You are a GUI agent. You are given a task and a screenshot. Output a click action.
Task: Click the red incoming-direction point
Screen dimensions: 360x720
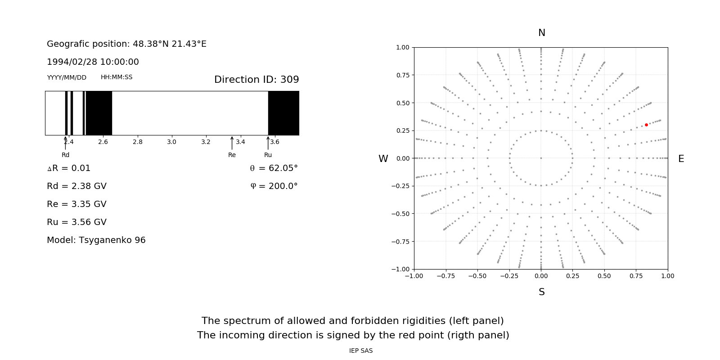tap(646, 125)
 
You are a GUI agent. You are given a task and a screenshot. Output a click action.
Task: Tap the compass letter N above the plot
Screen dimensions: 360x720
tap(541, 33)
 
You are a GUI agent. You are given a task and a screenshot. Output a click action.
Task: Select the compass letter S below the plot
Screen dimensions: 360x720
tap(541, 292)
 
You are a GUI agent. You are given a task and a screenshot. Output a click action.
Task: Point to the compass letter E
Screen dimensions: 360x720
tap(681, 159)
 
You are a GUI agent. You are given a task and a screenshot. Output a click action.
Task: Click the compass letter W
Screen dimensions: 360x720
tap(383, 159)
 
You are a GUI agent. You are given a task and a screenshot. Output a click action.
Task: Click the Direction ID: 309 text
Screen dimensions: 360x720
tap(256, 80)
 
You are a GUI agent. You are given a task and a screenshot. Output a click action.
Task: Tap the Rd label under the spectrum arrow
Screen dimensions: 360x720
tap(66, 155)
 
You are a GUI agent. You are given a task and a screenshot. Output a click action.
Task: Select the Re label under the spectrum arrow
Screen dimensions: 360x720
tap(232, 155)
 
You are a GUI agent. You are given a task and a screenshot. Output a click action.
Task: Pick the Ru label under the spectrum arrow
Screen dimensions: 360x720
tap(268, 155)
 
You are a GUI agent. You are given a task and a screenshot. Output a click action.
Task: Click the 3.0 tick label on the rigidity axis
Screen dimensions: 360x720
tap(171, 142)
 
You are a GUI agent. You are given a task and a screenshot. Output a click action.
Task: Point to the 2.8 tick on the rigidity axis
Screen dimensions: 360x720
tap(137, 142)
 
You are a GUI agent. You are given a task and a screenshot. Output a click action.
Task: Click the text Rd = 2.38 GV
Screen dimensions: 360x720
tap(76, 186)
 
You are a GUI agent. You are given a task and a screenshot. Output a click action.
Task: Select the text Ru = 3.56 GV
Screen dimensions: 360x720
tap(76, 222)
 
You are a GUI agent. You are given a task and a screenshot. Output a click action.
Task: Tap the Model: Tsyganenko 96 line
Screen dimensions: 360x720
tap(96, 240)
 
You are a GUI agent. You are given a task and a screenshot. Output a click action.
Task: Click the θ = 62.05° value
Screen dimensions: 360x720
tap(274, 168)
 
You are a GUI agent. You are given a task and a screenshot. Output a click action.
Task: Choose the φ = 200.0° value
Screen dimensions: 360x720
tap(274, 186)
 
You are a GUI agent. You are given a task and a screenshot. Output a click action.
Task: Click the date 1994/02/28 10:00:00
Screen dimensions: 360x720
tap(93, 62)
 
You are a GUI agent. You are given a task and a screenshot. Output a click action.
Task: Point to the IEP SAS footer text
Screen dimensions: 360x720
tap(361, 351)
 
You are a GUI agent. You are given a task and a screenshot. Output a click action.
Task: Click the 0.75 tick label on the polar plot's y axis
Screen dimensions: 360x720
tap(402, 75)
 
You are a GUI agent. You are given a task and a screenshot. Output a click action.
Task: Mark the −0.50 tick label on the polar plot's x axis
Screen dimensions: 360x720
tap(477, 276)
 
